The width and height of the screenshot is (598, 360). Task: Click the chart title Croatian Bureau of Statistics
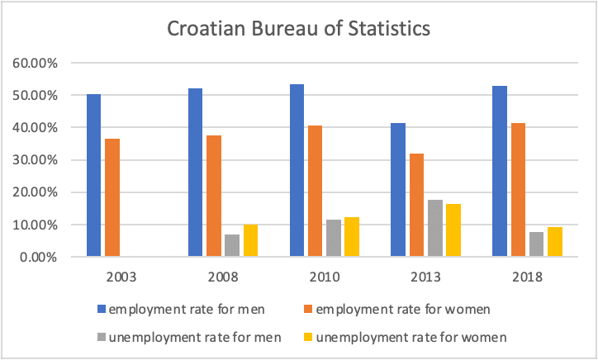(299, 30)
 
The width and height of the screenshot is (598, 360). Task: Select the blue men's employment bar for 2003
(93, 175)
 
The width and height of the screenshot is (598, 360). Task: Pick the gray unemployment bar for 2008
(232, 246)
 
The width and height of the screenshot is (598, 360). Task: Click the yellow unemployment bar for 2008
(251, 241)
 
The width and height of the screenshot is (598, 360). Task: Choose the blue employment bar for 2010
(297, 171)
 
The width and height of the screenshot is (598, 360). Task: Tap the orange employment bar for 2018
(518, 190)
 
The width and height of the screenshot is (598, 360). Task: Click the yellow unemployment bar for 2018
(556, 242)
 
